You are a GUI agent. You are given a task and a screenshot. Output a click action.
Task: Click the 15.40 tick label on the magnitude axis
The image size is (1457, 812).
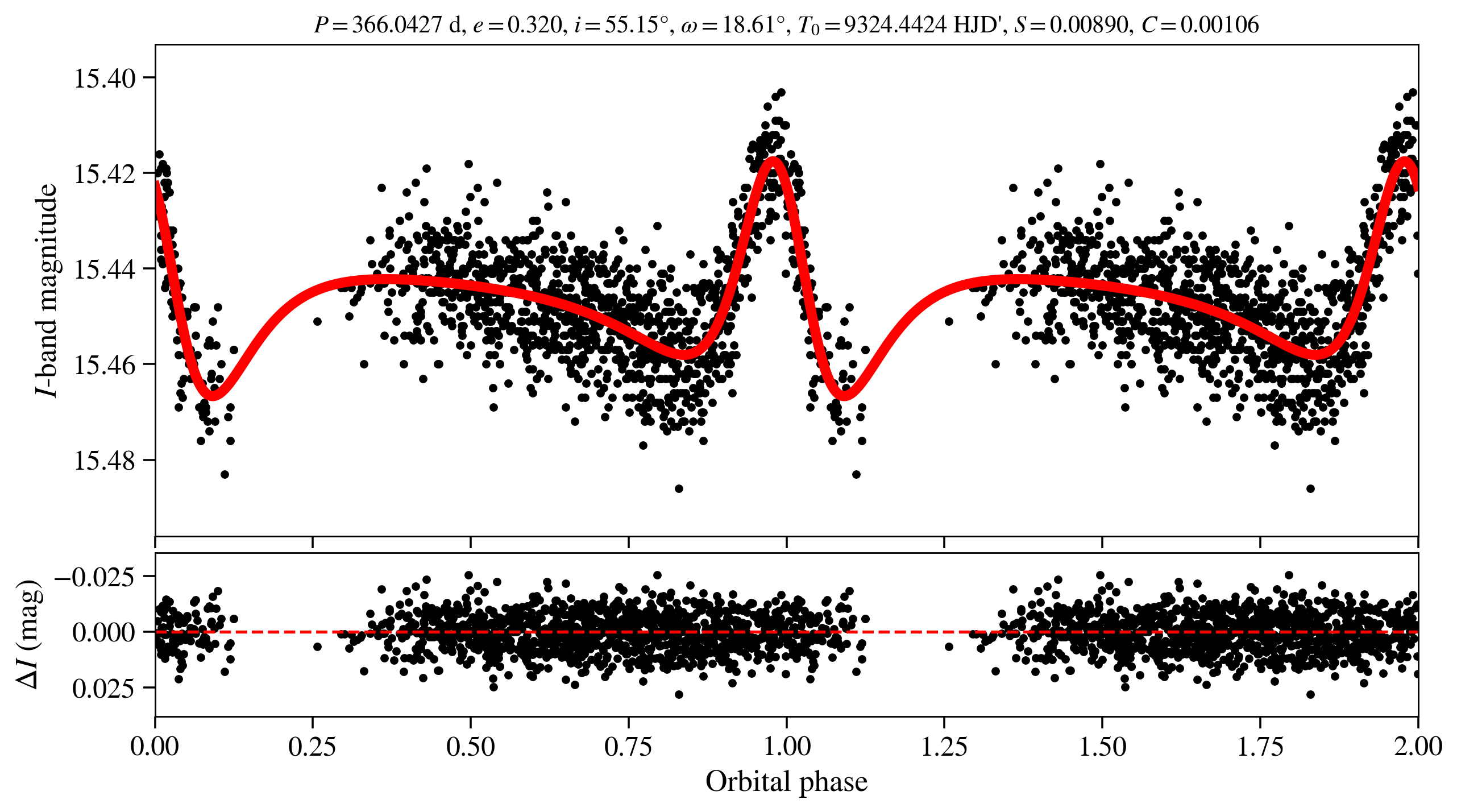(105, 78)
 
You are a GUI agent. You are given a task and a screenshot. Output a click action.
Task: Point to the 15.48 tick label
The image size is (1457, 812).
(105, 460)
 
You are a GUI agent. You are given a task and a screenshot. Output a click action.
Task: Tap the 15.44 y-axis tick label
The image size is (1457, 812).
(105, 269)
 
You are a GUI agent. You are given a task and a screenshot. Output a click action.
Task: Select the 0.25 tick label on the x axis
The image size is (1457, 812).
(312, 746)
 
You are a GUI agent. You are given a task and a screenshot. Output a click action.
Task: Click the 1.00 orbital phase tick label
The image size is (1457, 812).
(786, 746)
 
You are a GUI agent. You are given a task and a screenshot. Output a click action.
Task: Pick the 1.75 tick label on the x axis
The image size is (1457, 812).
(1260, 746)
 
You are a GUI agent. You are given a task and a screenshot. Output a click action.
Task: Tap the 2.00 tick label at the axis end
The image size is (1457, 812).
(1418, 746)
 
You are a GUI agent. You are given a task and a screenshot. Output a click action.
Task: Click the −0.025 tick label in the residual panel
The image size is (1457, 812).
(94, 577)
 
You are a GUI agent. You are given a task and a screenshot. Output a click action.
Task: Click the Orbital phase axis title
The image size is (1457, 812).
(786, 782)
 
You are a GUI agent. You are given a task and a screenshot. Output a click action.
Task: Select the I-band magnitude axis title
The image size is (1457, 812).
(47, 290)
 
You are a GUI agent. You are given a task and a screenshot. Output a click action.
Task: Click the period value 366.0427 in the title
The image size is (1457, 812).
(397, 25)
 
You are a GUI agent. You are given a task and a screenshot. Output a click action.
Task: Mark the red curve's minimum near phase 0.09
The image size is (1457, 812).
(212, 396)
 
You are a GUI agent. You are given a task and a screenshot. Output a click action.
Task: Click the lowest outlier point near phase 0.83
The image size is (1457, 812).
(678, 488)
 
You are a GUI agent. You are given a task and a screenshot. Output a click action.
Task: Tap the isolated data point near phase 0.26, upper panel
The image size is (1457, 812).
(317, 322)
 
